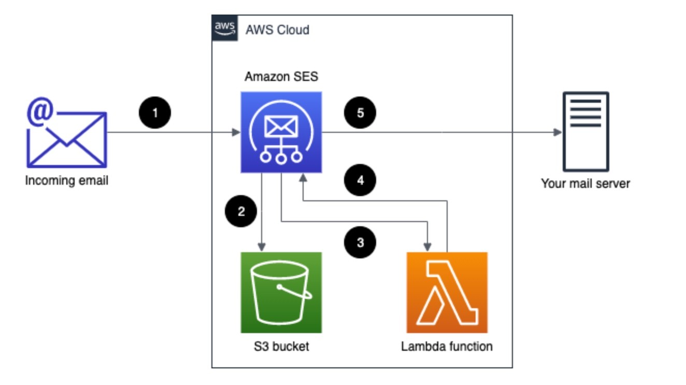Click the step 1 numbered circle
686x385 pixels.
[155, 113]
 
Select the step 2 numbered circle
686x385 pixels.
[240, 211]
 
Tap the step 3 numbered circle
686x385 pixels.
[360, 242]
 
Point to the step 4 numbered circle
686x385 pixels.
[360, 180]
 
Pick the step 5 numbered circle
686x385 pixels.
[360, 113]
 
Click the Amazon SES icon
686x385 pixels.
[281, 132]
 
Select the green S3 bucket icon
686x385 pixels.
[281, 292]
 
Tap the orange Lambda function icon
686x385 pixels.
[447, 292]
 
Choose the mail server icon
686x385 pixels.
[586, 131]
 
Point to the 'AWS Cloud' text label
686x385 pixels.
[277, 30]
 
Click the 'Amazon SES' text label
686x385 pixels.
[281, 77]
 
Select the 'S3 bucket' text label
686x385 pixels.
[281, 346]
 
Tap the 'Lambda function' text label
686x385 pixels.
[447, 346]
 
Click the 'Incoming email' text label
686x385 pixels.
[66, 181]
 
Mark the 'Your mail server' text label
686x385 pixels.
[585, 183]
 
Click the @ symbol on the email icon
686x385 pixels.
[40, 114]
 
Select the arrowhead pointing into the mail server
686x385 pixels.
[558, 132]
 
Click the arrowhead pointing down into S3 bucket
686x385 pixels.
[263, 245]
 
